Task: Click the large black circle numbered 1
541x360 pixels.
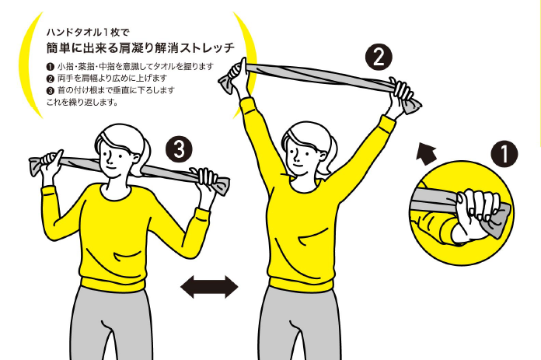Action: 504,154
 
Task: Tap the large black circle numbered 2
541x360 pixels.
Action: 379,57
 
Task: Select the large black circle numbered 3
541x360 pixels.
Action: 179,149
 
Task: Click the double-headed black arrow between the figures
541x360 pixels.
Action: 209,286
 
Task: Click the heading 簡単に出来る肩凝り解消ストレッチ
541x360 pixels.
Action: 141,47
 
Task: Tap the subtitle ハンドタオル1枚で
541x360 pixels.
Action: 88,33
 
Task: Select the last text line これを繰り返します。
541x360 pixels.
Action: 82,102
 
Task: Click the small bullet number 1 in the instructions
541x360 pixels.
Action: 50,67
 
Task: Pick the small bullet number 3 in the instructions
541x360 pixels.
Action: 50,90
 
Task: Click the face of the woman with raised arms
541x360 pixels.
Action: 298,156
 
